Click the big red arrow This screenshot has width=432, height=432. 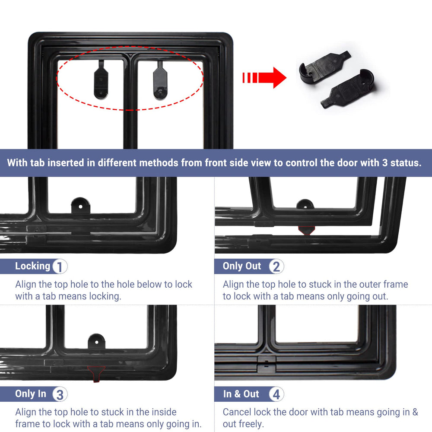click(264, 78)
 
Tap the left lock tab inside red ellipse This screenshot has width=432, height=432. click(101, 79)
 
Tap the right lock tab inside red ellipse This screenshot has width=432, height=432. click(160, 80)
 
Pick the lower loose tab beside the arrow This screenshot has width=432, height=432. click(348, 89)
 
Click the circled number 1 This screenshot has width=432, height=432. click(60, 267)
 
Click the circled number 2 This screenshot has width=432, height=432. click(276, 267)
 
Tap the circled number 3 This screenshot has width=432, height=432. click(60, 394)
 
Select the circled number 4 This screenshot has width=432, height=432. click(276, 394)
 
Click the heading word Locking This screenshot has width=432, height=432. click(32, 266)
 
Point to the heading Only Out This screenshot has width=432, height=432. click(241, 266)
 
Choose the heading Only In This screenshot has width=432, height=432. click(31, 394)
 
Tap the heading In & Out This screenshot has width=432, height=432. click(241, 394)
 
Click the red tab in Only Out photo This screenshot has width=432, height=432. click(306, 230)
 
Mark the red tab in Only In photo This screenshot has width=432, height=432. click(96, 374)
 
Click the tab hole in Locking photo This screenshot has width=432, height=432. click(80, 206)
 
